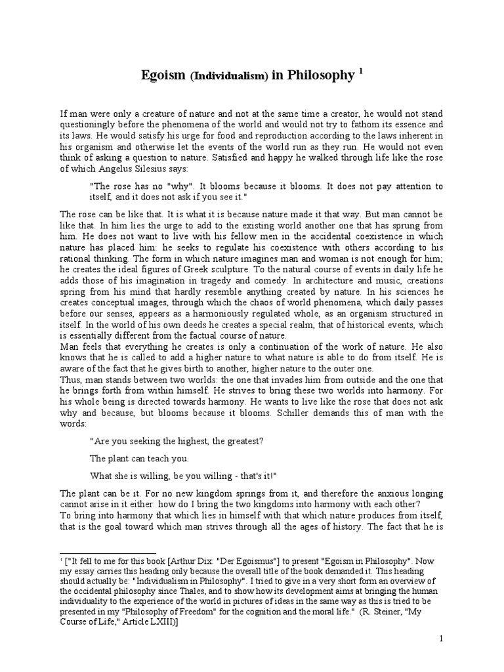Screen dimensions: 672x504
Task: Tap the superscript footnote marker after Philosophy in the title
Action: pos(360,71)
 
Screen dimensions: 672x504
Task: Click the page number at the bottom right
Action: pos(442,640)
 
